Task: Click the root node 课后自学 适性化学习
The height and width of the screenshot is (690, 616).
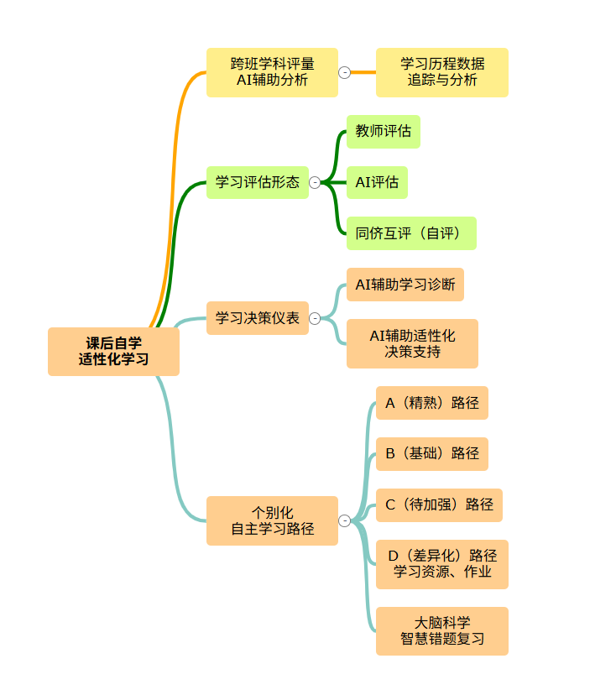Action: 113,351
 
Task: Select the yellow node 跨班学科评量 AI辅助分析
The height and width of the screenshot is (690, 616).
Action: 272,72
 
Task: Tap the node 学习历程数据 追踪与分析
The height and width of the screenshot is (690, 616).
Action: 441,72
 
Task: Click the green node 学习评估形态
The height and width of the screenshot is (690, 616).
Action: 257,182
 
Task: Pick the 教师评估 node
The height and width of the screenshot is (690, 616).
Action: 383,131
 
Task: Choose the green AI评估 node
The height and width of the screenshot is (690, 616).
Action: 377,182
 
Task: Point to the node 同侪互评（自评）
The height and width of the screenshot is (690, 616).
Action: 410,233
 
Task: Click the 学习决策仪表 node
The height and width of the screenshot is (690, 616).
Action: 257,318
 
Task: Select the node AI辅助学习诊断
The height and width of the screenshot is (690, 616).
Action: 405,285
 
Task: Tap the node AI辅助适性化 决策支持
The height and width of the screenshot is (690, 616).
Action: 412,343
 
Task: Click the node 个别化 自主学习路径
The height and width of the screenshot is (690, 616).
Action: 272,520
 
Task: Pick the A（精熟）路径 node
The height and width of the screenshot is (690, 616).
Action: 431,403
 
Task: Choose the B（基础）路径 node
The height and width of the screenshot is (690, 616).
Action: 431,454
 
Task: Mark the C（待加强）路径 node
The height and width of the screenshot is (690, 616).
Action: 439,505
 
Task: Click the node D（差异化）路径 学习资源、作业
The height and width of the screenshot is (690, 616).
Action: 441,564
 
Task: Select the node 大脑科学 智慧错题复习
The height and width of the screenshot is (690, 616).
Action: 441,630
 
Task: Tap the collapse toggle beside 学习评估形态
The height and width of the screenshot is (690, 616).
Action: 315,182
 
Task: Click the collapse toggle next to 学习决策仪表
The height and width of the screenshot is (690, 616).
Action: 315,318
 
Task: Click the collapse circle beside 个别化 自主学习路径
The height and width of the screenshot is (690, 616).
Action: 344,520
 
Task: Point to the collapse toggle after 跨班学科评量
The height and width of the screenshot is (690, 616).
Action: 344,72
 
